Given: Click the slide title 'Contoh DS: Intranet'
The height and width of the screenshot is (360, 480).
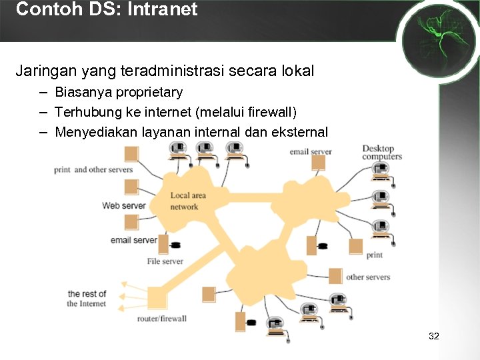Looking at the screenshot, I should tap(107, 9).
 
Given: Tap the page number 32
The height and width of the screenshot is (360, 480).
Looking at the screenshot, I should tap(434, 336).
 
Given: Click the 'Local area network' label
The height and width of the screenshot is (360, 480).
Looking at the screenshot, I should tap(188, 201).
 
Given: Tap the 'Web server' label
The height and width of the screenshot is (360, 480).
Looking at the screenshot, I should tap(123, 205).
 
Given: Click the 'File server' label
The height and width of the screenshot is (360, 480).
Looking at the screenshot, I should tap(165, 261).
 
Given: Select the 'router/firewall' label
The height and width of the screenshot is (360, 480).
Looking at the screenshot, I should tap(162, 319).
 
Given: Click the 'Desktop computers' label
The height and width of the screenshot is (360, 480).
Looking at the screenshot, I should tap(382, 152).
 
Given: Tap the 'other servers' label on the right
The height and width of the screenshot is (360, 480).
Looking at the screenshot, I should tap(368, 277).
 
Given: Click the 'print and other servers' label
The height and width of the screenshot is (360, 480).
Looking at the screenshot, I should tap(93, 170).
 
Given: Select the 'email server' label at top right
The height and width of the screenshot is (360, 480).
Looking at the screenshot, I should tap(310, 152).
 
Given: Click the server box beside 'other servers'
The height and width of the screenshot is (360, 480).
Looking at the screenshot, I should tap(335, 276).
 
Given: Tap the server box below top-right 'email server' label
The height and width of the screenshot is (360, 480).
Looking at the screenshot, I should tap(319, 163).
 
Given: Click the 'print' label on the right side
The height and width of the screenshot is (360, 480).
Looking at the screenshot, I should tap(375, 255).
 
